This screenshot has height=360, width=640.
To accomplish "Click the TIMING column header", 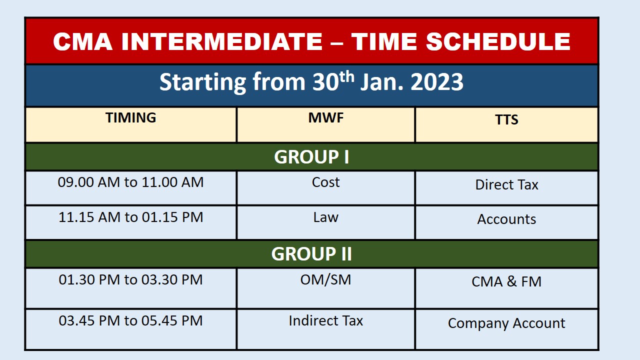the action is (x=131, y=117).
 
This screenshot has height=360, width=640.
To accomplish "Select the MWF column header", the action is (x=325, y=117).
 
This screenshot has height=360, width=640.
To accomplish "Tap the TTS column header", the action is (x=506, y=119).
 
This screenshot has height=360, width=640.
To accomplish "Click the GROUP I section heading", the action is (x=311, y=157).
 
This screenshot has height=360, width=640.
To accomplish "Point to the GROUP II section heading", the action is (x=311, y=253).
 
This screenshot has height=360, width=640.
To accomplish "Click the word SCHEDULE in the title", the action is (x=498, y=41).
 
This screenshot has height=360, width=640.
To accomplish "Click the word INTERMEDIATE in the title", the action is (x=222, y=41).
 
